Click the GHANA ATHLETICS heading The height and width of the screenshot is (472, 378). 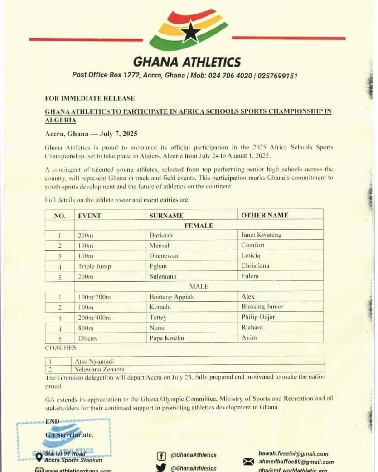[187, 62]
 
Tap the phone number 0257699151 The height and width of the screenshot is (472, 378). [277, 76]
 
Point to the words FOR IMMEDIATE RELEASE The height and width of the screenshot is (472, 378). [90, 98]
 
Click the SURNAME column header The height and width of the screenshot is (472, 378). [166, 216]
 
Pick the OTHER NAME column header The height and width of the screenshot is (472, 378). [264, 215]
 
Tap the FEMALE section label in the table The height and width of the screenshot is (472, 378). [199, 225]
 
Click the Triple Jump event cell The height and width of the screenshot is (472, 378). [94, 266]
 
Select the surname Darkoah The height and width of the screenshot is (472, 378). [161, 235]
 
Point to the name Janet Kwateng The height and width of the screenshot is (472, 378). [261, 235]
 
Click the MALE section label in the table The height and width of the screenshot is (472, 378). [199, 286]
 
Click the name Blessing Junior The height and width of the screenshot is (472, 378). [262, 307]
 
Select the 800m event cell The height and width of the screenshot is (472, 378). [86, 328]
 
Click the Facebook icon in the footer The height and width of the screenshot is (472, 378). [160, 455]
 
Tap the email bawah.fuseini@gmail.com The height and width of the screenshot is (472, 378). [293, 453]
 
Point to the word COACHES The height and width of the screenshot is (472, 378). [61, 348]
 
